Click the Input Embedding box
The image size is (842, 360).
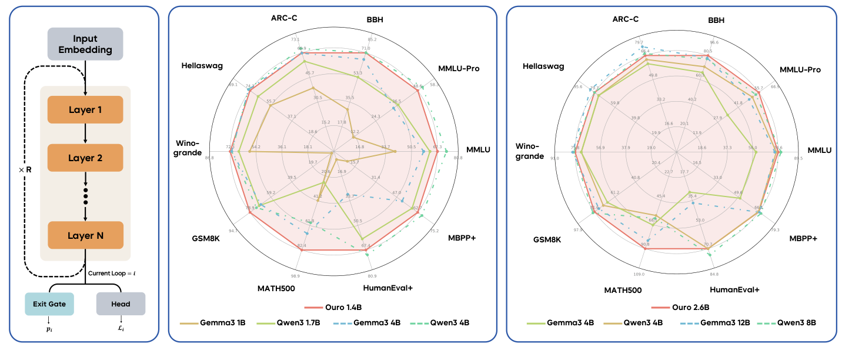pos(85,43)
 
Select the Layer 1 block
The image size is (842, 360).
pos(85,109)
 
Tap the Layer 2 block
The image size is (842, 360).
pos(85,158)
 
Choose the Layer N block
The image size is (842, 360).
pos(85,235)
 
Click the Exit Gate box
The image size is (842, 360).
pos(49,304)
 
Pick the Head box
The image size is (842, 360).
pos(121,304)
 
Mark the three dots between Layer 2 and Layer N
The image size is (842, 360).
pos(85,196)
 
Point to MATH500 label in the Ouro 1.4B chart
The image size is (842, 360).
pos(276,288)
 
